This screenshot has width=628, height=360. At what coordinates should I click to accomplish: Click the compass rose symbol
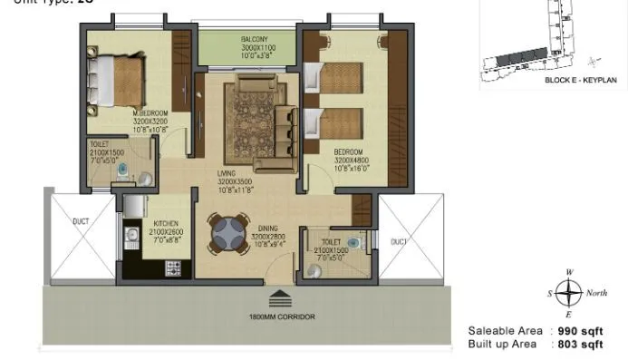pyautogui.click(x=568, y=294)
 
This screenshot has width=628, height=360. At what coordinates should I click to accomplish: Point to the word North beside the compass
pyautogui.click(x=597, y=293)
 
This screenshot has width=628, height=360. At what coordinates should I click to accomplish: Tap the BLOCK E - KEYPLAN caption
pyautogui.click(x=579, y=80)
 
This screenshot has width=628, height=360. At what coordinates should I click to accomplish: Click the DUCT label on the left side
pyautogui.click(x=80, y=219)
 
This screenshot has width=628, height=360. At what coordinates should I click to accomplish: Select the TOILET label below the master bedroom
pyautogui.click(x=99, y=144)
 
